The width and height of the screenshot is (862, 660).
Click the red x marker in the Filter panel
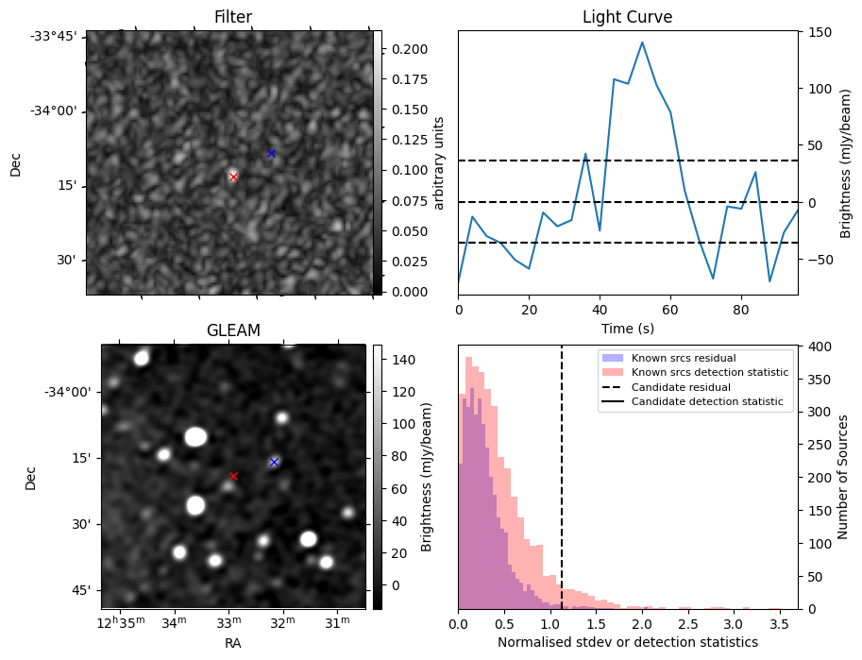[x=233, y=177]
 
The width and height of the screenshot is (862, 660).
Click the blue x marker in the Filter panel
[x=271, y=153]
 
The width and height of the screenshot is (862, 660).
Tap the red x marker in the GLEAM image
[x=233, y=476]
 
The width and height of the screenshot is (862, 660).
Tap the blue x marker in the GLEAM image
[x=274, y=462]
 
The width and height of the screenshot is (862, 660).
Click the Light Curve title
[x=627, y=17]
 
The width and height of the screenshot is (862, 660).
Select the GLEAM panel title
[x=233, y=330]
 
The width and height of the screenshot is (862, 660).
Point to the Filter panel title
[x=233, y=17]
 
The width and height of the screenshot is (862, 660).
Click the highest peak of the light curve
[x=642, y=42]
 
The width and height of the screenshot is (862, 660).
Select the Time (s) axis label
[x=627, y=329]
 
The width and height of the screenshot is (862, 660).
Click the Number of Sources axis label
[x=844, y=476]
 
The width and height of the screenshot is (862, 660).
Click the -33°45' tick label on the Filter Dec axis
[x=58, y=36]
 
